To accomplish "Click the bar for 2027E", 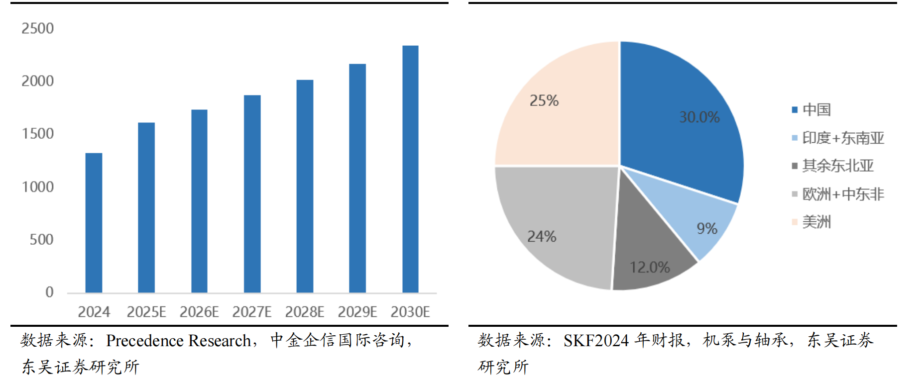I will pyautogui.click(x=252, y=194).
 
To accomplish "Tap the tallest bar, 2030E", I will pyautogui.click(x=410, y=169).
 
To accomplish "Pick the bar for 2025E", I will pyautogui.click(x=146, y=207).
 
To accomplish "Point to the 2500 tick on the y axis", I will pyautogui.click(x=37, y=28).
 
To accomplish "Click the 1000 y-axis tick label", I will pyautogui.click(x=37, y=187).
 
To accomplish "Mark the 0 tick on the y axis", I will pyautogui.click(x=49, y=292).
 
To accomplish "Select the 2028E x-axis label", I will pyautogui.click(x=304, y=312).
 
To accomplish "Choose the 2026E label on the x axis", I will pyautogui.click(x=199, y=312).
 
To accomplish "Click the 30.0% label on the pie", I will pyautogui.click(x=699, y=117).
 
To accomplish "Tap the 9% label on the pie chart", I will pyautogui.click(x=706, y=229).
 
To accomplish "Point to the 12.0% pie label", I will pyautogui.click(x=649, y=268).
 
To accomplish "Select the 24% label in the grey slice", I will pyautogui.click(x=541, y=236).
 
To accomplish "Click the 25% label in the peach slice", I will pyautogui.click(x=544, y=101).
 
